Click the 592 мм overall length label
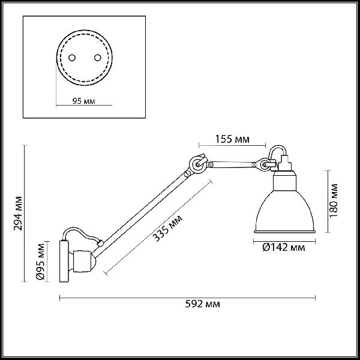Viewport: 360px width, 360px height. click(203, 304)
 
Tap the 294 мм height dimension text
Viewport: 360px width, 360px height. click(18, 213)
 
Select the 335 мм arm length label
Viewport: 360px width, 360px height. click(167, 228)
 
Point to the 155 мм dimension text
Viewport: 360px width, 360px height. click(232, 139)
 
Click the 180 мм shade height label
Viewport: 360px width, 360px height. click(334, 200)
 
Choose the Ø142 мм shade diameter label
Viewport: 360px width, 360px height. click(284, 247)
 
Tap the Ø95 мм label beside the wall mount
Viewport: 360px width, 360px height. click(41, 261)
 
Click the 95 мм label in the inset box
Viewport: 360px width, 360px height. click(83, 101)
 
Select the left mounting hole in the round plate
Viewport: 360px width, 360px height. click(72, 58)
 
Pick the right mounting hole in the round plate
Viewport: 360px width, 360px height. click(98, 58)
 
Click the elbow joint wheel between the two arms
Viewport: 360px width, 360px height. click(197, 164)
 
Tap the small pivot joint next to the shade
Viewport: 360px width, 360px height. click(264, 164)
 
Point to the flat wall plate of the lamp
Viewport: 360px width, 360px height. click(64, 261)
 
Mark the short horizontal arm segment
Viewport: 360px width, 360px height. click(232, 164)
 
